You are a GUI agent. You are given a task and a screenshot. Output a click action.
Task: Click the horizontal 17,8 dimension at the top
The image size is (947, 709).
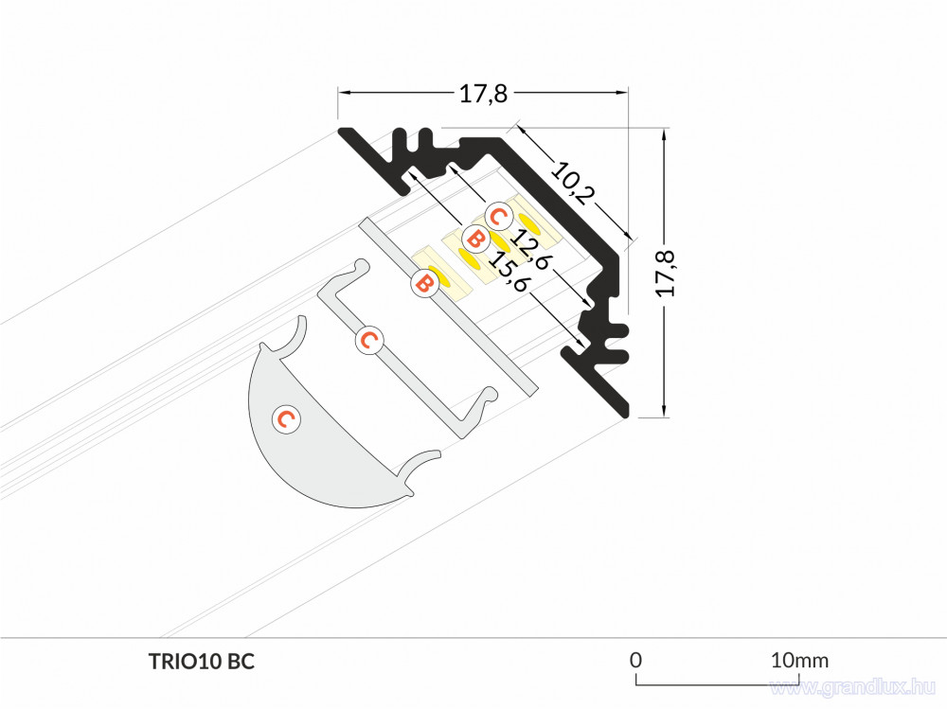click(483, 94)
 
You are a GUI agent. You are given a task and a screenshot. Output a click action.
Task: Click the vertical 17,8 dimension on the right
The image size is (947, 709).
click(666, 273)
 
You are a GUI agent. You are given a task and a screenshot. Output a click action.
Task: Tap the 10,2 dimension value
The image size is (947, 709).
click(573, 183)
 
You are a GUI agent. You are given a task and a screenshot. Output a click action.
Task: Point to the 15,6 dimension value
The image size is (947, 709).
click(508, 271)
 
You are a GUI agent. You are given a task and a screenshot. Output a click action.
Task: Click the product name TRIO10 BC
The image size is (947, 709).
click(202, 662)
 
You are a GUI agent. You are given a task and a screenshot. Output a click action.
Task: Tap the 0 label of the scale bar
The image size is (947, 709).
click(635, 660)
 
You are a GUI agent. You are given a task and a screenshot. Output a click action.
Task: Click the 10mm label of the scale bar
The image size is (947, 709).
click(799, 660)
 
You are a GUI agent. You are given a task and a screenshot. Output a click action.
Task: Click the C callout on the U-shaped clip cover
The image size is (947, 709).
click(369, 340)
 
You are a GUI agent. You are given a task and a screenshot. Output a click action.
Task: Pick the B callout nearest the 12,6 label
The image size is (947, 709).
click(476, 239)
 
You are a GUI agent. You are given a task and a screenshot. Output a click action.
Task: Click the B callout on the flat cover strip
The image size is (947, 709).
click(424, 284)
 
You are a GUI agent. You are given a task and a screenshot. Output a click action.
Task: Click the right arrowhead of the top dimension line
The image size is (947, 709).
click(621, 93)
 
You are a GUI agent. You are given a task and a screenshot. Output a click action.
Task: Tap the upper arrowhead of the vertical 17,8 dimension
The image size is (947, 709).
click(665, 135)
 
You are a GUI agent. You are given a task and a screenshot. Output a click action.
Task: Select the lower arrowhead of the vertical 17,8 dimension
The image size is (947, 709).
click(665, 410)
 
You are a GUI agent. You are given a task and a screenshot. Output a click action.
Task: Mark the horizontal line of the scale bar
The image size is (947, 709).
click(718, 685)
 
